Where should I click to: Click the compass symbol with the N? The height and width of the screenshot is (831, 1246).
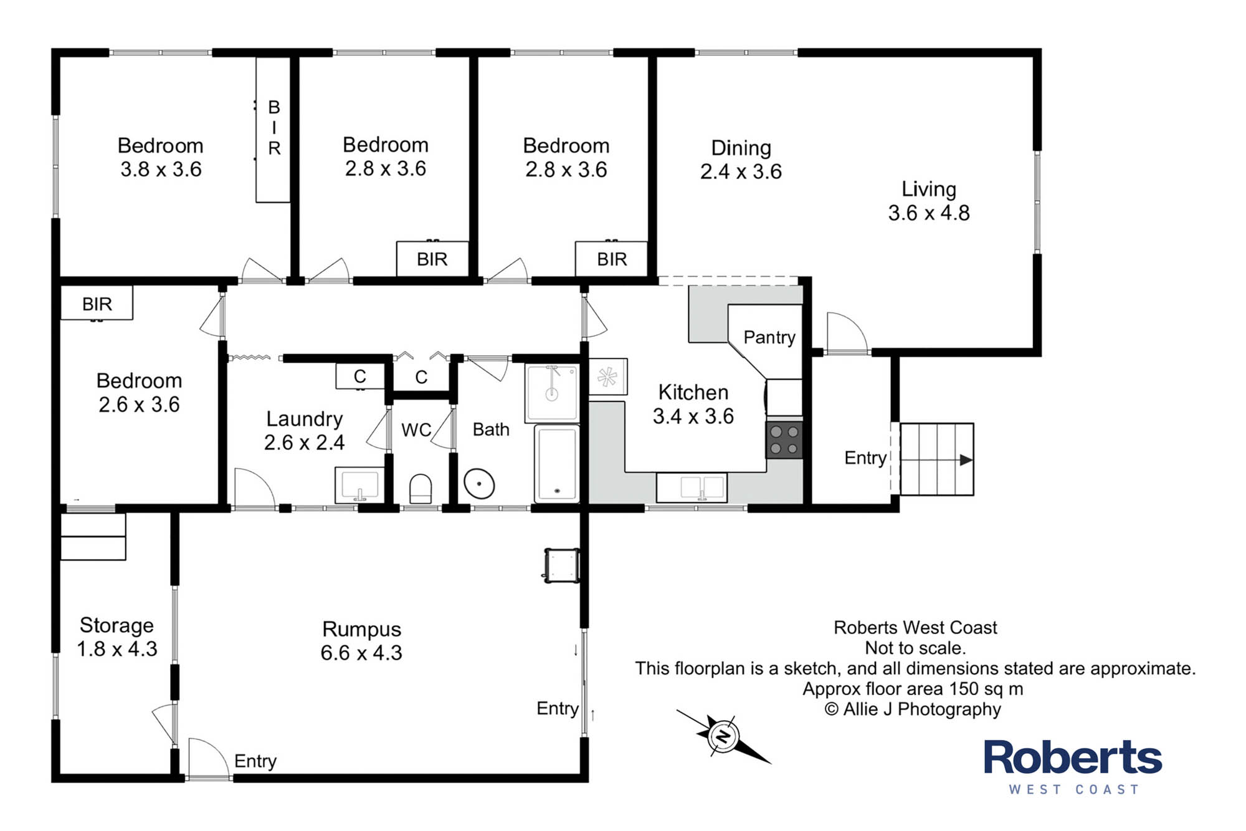pyautogui.click(x=723, y=737)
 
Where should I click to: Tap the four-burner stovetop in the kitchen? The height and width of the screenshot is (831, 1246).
pyautogui.click(x=784, y=440)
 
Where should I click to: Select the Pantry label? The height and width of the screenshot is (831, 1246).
pyautogui.click(x=769, y=337)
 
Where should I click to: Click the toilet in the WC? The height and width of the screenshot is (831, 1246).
pyautogui.click(x=421, y=489)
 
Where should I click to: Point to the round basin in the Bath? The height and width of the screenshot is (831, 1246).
pyautogui.click(x=479, y=484)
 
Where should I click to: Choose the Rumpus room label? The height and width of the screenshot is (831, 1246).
pyautogui.click(x=361, y=630)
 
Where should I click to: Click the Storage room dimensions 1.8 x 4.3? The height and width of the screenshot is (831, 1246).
pyautogui.click(x=117, y=649)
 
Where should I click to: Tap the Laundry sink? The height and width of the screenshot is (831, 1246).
pyautogui.click(x=359, y=485)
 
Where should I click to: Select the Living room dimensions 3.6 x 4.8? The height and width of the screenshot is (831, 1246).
pyautogui.click(x=929, y=213)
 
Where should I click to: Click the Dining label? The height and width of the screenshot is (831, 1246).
pyautogui.click(x=741, y=148)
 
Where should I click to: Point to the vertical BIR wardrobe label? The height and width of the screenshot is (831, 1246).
pyautogui.click(x=274, y=128)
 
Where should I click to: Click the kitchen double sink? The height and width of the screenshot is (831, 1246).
pyautogui.click(x=692, y=488)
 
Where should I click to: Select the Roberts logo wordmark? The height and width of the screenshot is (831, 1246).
pyautogui.click(x=1073, y=757)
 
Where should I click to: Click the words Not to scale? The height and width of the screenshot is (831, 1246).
pyautogui.click(x=915, y=648)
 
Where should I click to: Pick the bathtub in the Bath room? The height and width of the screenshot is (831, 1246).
pyautogui.click(x=556, y=463)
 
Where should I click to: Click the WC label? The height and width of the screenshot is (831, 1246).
pyautogui.click(x=416, y=430)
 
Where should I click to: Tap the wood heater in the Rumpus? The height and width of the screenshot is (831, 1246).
pyautogui.click(x=562, y=565)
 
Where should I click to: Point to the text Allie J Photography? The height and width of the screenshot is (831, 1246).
pyautogui.click(x=921, y=709)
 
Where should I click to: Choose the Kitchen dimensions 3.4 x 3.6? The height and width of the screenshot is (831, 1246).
pyautogui.click(x=693, y=416)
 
